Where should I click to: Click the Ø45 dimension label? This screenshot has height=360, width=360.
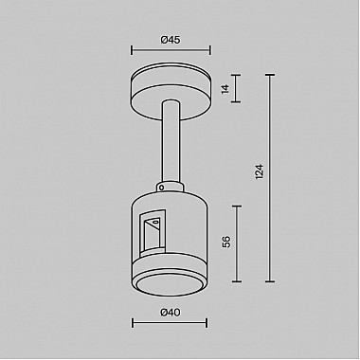click(x=171, y=39)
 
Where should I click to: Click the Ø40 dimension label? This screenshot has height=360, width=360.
click(x=171, y=312)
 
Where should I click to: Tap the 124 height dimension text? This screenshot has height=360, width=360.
click(x=259, y=172)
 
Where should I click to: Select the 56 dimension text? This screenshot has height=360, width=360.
click(x=225, y=242)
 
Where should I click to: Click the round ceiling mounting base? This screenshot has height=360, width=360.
click(x=171, y=90)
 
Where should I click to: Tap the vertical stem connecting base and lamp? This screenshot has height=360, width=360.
click(x=171, y=142)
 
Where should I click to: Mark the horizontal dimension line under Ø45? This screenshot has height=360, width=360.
click(x=171, y=53)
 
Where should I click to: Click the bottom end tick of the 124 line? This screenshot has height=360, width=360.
click(x=272, y=281)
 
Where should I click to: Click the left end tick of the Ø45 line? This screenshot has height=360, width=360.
click(x=131, y=53)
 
